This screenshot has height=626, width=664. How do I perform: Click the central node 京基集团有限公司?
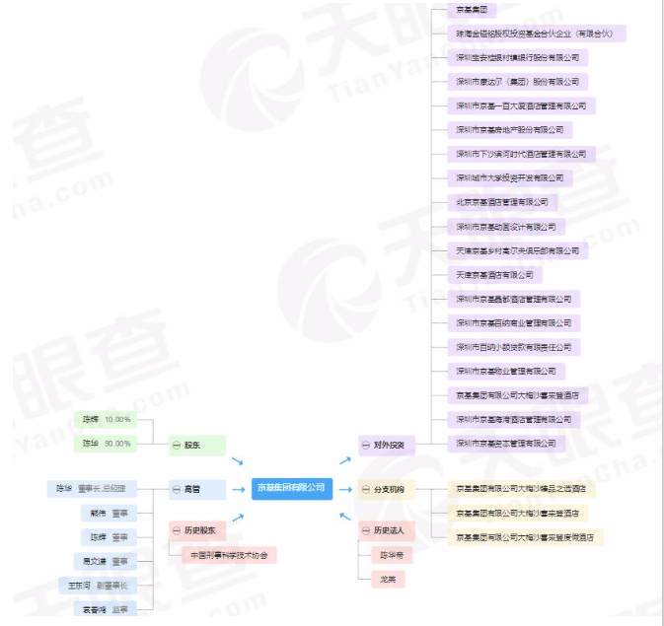point(291,488)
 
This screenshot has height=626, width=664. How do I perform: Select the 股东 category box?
point(196,446)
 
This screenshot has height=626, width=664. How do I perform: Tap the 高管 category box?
point(196,488)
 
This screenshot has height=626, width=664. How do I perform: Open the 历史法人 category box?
point(386,530)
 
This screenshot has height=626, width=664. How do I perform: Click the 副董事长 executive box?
point(99,586)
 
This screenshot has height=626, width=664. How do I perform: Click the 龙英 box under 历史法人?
point(389,579)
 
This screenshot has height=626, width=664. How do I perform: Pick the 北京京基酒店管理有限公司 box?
point(502,202)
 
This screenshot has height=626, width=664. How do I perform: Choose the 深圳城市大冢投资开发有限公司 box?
point(509,178)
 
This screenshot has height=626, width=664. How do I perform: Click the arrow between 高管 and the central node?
point(237,488)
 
